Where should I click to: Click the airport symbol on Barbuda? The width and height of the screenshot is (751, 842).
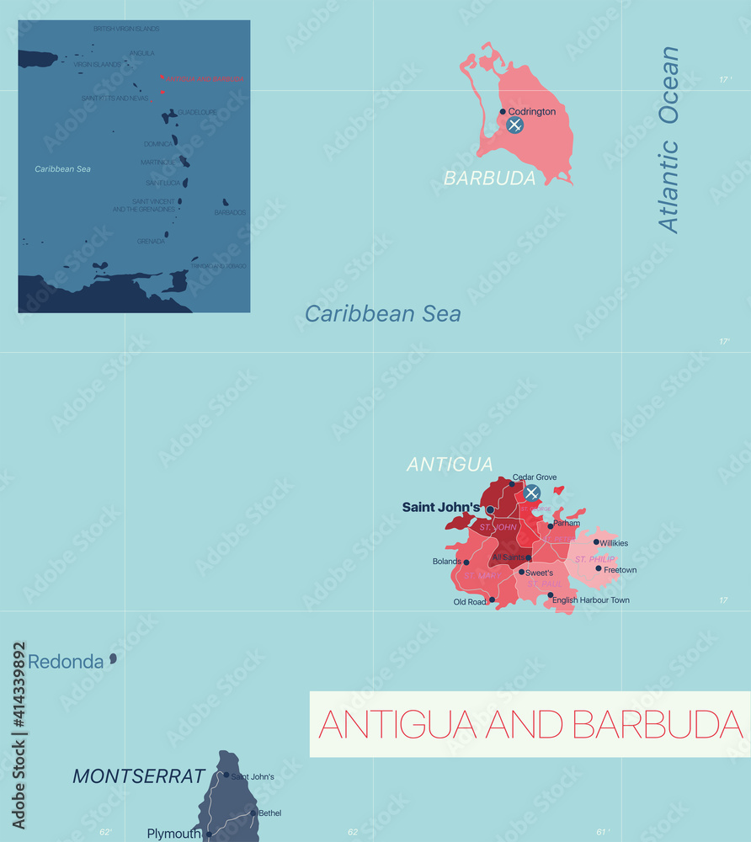coord(514,125)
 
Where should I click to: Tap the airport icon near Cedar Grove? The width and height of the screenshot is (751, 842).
coord(531,493)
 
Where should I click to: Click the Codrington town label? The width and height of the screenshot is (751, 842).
coord(532,111)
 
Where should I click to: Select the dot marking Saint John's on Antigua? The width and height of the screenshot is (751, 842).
coord(490,509)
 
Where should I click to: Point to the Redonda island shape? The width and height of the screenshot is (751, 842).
coord(113,658)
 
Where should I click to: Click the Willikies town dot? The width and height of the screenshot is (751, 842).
coord(596,541)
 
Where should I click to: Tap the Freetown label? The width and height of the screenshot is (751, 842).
coord(621,570)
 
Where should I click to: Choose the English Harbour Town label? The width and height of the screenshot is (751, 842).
coord(591,600)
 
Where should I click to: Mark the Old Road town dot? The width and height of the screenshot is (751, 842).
coord(493,600)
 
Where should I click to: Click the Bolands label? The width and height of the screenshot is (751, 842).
coord(446,562)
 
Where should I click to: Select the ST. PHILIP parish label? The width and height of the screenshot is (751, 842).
coord(594,559)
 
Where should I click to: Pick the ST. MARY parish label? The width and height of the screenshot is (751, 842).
coord(482,575)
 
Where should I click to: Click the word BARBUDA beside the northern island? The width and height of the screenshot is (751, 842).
coord(490,179)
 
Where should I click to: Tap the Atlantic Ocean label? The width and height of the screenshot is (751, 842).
coord(669,139)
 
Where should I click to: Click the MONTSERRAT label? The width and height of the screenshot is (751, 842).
coord(139,776)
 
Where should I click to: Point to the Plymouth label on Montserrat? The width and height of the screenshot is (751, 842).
coord(174,834)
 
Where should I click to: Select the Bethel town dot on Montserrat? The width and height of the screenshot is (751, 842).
coord(253,813)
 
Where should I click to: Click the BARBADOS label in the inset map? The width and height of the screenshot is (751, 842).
coord(230,212)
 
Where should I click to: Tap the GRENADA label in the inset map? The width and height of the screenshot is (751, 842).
coord(151,241)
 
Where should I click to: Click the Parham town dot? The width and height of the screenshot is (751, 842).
coord(551,526)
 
